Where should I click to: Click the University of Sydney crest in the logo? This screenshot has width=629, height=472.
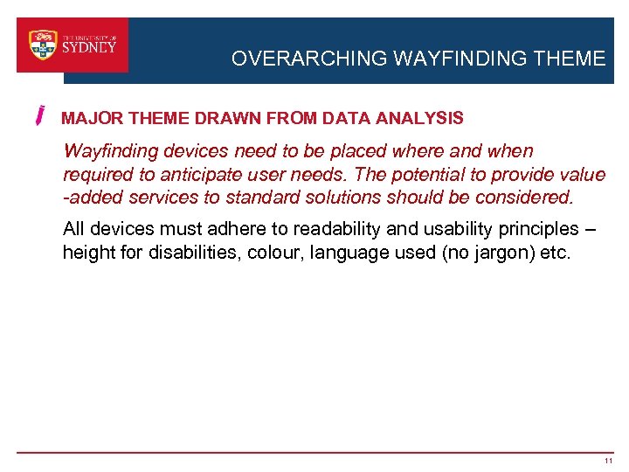coord(43,45)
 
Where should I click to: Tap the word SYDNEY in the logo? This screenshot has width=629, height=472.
coord(89,48)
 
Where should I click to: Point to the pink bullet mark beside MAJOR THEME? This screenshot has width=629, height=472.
coord(41,116)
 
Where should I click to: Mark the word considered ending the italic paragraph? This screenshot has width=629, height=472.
coord(525,197)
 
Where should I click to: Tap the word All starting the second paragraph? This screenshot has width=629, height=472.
coord(74,230)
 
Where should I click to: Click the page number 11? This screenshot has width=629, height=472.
coord(608,461)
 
